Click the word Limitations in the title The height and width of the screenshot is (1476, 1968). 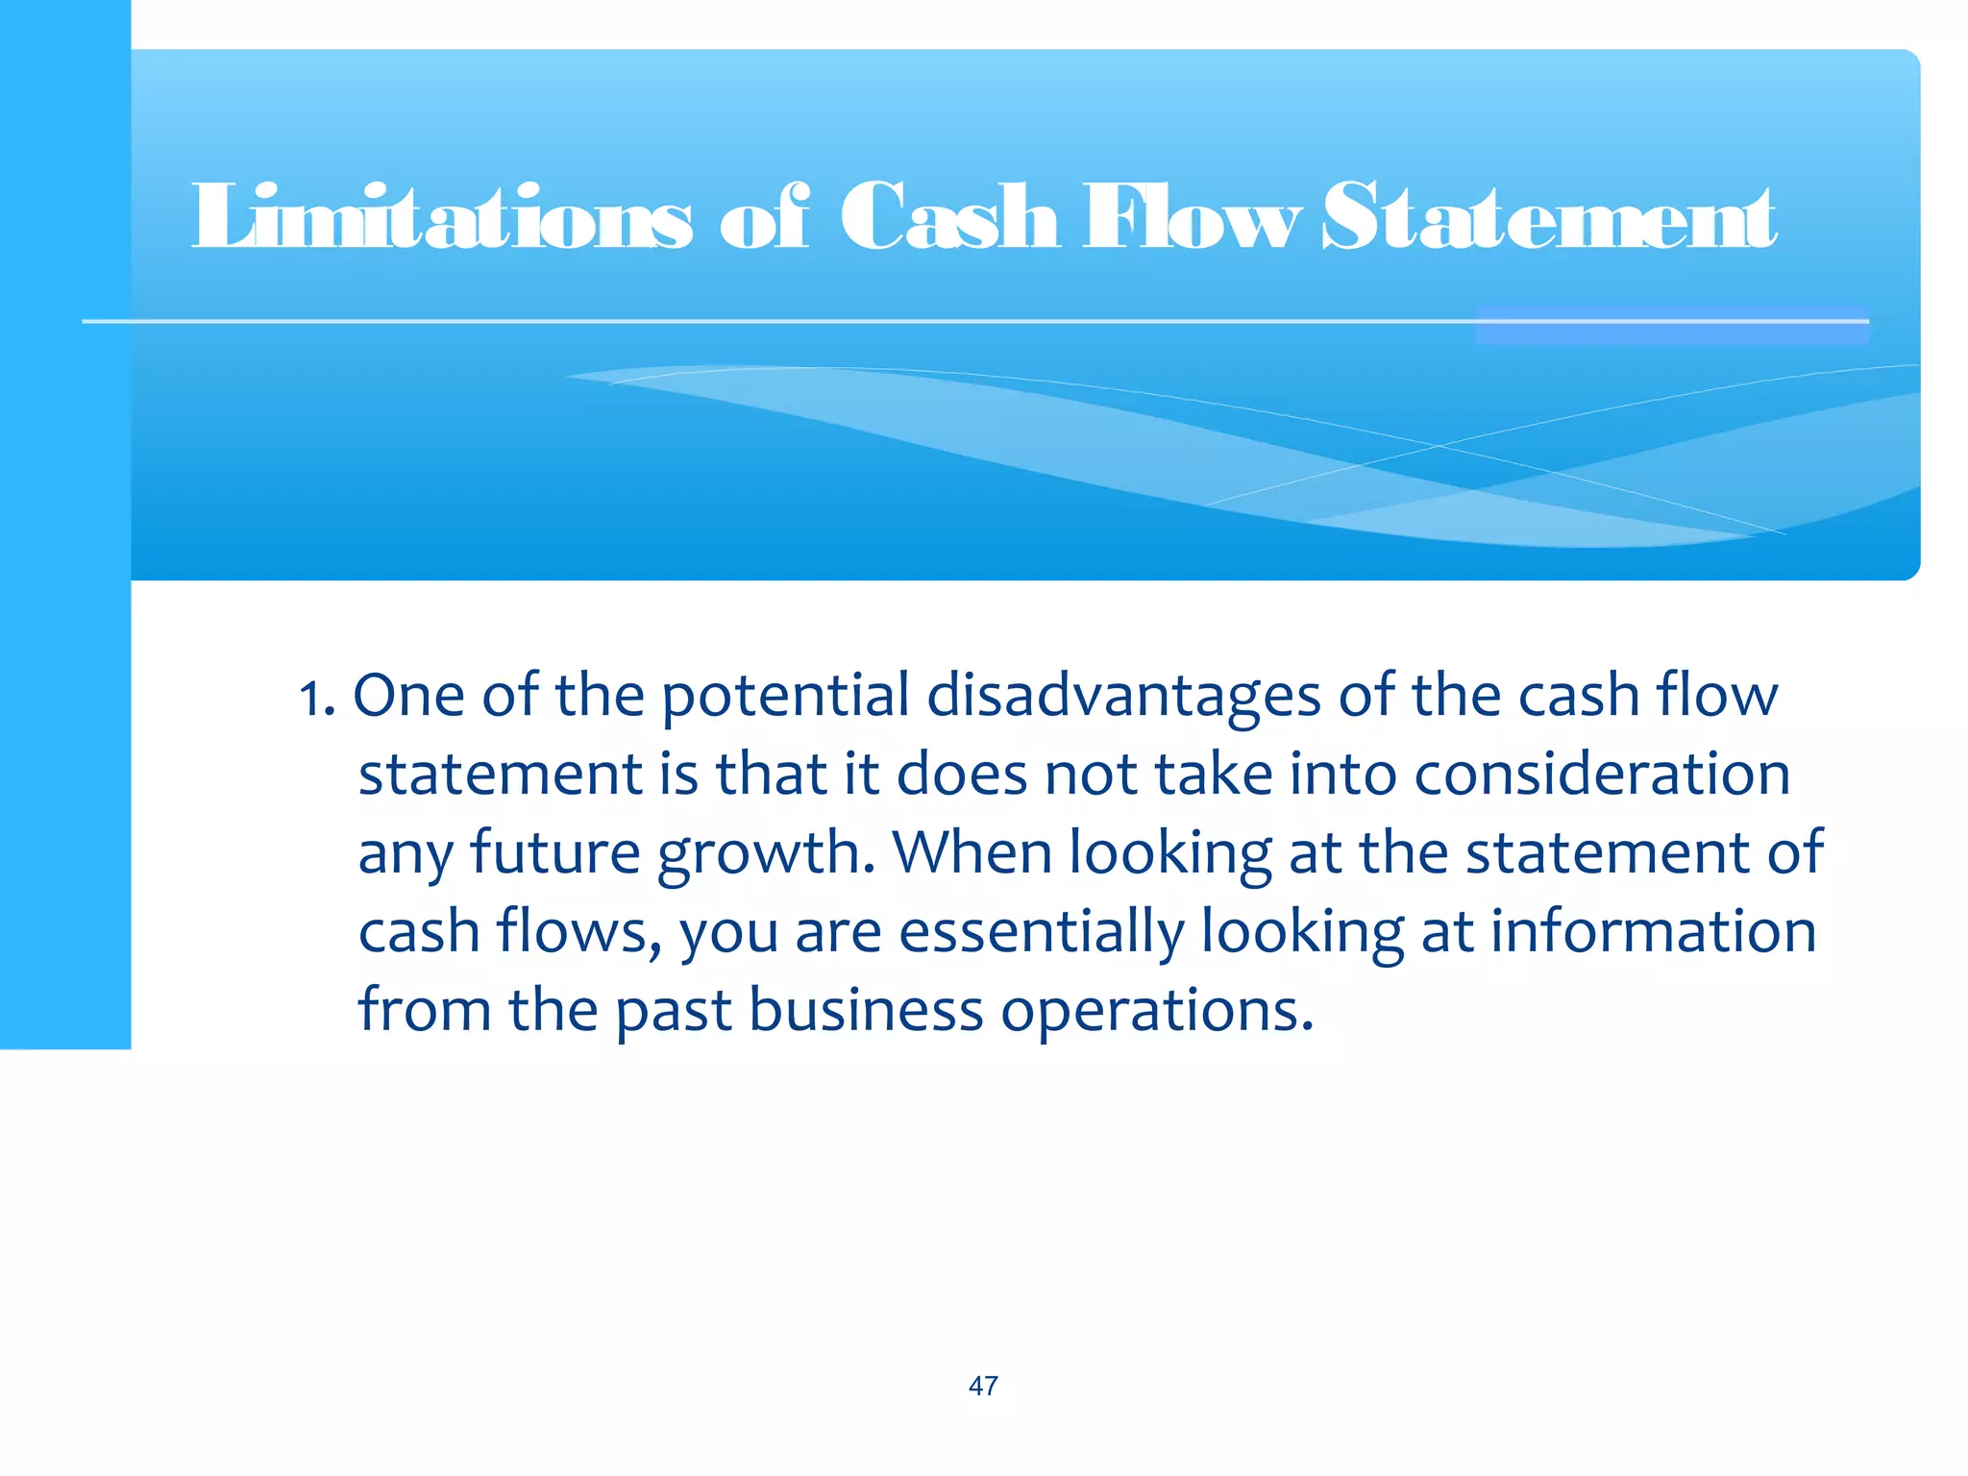[x=441, y=217]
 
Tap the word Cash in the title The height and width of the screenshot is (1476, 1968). [x=949, y=217]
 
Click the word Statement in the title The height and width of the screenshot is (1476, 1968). [x=1549, y=217]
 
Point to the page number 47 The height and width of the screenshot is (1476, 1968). [x=983, y=1386]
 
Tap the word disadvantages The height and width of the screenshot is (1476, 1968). [x=1123, y=697]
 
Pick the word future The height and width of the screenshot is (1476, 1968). [x=554, y=853]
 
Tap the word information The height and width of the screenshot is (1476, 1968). [x=1653, y=931]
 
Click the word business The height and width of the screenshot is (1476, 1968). [x=866, y=1010]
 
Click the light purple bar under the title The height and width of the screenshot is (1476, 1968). [x=1672, y=325]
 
